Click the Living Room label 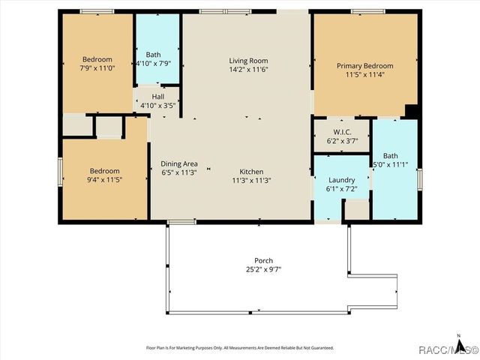click(x=248, y=61)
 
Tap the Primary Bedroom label click(x=364, y=66)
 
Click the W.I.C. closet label click(x=342, y=131)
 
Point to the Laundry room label click(x=342, y=180)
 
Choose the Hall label click(x=157, y=97)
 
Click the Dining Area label click(x=179, y=163)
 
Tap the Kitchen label click(x=252, y=171)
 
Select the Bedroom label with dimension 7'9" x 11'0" click(x=97, y=60)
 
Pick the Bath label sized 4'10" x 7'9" click(x=153, y=55)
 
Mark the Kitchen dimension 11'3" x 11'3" click(x=252, y=180)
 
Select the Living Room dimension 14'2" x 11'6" click(x=248, y=70)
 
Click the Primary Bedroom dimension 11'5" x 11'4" click(x=364, y=75)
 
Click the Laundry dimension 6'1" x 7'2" click(x=342, y=189)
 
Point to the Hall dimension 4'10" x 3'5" click(x=157, y=106)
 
